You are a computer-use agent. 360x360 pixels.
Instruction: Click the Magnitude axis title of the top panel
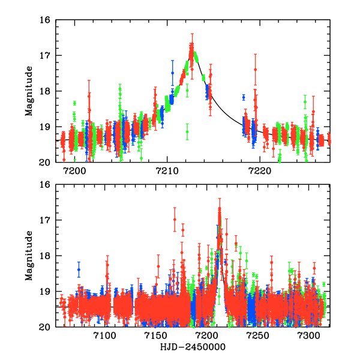(x=29, y=91)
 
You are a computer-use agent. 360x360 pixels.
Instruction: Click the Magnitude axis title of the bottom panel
(x=29, y=255)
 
